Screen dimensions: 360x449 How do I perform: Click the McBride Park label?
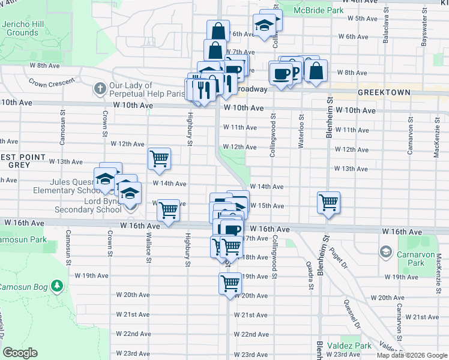(318, 11)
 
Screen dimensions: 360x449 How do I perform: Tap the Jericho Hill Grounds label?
(20, 28)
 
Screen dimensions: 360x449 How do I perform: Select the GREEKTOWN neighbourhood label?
(384, 93)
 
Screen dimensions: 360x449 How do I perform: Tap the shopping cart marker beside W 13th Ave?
(160, 158)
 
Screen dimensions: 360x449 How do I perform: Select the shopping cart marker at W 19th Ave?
(231, 283)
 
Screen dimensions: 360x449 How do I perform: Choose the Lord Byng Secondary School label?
(83, 205)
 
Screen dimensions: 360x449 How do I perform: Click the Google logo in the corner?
(20, 353)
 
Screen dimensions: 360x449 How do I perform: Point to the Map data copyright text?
(412, 355)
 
